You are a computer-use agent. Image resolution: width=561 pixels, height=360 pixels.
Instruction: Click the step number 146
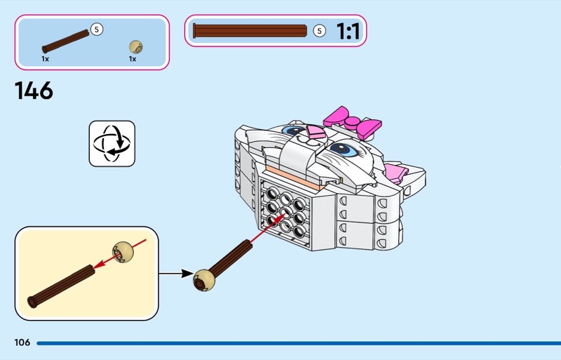tap(34, 91)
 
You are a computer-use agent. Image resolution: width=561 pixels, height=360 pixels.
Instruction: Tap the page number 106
tap(22, 342)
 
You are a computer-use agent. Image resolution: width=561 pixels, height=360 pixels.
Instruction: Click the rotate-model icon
tap(111, 144)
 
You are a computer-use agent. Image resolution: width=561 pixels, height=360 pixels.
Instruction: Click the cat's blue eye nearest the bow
tap(343, 148)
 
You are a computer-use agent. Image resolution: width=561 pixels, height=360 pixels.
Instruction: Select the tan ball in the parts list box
tap(136, 47)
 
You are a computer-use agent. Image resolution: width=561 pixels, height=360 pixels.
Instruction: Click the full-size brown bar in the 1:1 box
tap(250, 31)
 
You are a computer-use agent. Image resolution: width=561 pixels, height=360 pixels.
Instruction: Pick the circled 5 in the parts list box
tap(97, 29)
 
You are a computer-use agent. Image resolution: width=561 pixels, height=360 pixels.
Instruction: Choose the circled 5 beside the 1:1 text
tap(319, 31)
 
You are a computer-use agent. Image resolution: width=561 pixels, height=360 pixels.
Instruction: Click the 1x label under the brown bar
tap(46, 59)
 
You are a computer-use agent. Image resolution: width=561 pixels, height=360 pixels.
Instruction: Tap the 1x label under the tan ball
tap(132, 59)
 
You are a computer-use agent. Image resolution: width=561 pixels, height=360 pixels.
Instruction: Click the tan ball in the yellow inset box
tap(123, 251)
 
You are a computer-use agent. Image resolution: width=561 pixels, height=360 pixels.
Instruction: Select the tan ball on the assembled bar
tap(203, 279)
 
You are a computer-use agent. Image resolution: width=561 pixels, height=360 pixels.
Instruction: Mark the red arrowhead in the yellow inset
tap(97, 265)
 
